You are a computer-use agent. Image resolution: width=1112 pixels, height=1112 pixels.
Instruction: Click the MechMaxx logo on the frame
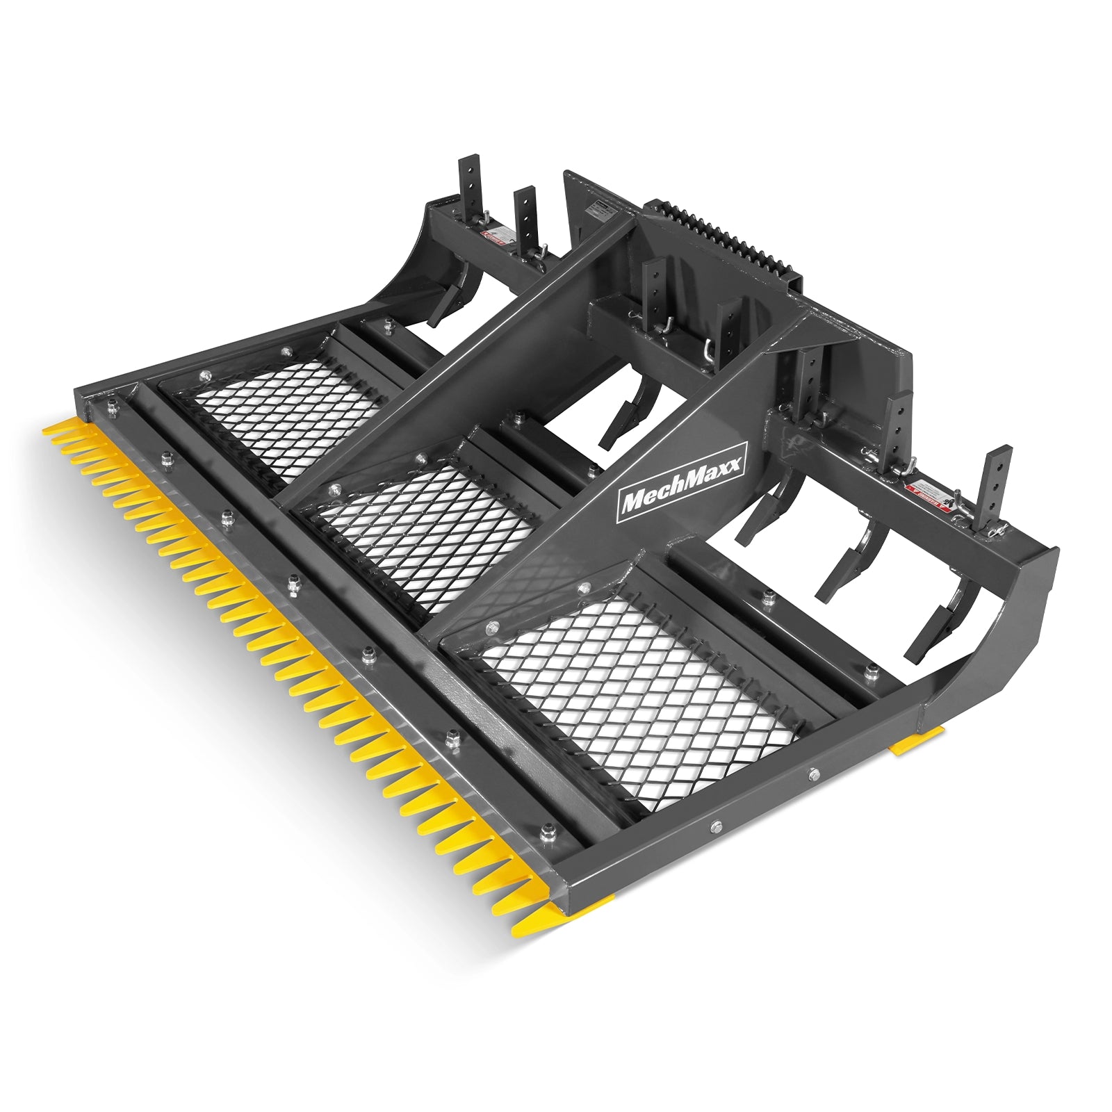tap(681, 480)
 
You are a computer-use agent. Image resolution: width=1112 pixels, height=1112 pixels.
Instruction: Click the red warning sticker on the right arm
tap(928, 492)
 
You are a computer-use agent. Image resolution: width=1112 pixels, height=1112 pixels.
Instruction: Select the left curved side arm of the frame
tap(396, 271)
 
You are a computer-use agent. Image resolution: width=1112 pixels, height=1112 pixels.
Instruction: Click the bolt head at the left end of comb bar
tap(111, 409)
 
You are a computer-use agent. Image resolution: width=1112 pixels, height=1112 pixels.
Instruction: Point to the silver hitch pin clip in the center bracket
tap(707, 351)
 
